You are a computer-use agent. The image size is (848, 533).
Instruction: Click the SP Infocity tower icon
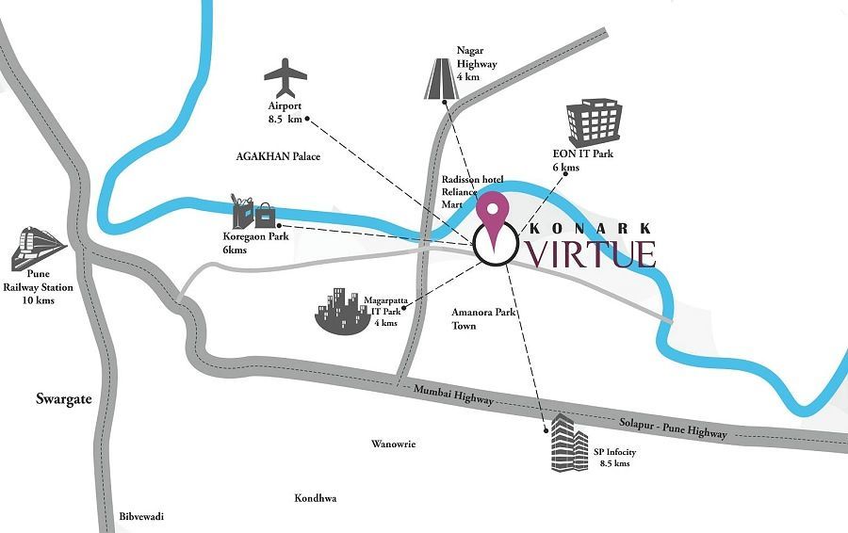pos(568,443)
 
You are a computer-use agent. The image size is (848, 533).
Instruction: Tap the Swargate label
pos(64,399)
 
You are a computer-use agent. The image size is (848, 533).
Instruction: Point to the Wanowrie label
pos(393,444)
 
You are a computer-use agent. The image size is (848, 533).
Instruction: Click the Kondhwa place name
pos(315,498)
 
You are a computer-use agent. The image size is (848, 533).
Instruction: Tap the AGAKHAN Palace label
pos(278,157)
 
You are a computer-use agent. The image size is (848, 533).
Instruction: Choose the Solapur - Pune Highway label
pos(672,427)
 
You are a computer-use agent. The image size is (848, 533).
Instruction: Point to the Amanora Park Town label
pos(483,319)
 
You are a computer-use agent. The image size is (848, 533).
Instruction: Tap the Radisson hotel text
pos(472,180)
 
